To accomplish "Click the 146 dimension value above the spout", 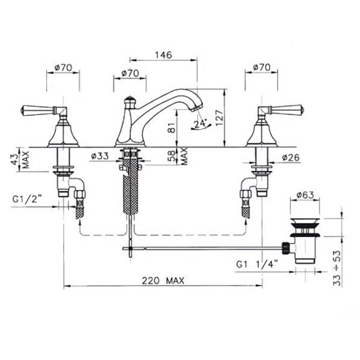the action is pyautogui.click(x=163, y=55).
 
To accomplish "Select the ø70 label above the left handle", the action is pyautogui.click(x=63, y=67).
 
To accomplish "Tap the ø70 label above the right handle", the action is pyautogui.click(x=262, y=67).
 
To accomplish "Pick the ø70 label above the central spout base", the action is pyautogui.click(x=130, y=73).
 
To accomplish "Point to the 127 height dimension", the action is pyautogui.click(x=219, y=118).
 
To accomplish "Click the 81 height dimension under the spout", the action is pyautogui.click(x=172, y=128).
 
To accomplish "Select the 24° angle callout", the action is pyautogui.click(x=200, y=124).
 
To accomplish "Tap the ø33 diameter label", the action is pyautogui.click(x=100, y=156).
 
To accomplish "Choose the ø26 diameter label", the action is pyautogui.click(x=290, y=157).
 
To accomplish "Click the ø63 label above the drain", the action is pyautogui.click(x=305, y=195).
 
